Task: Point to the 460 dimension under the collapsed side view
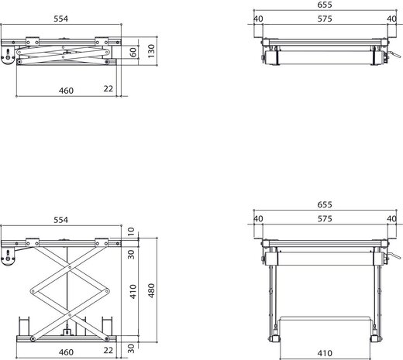66,91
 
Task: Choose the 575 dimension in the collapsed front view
323,19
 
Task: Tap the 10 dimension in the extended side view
133,231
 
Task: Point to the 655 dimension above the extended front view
323,204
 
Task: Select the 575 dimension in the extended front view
323,219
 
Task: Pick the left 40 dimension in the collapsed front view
258,19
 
